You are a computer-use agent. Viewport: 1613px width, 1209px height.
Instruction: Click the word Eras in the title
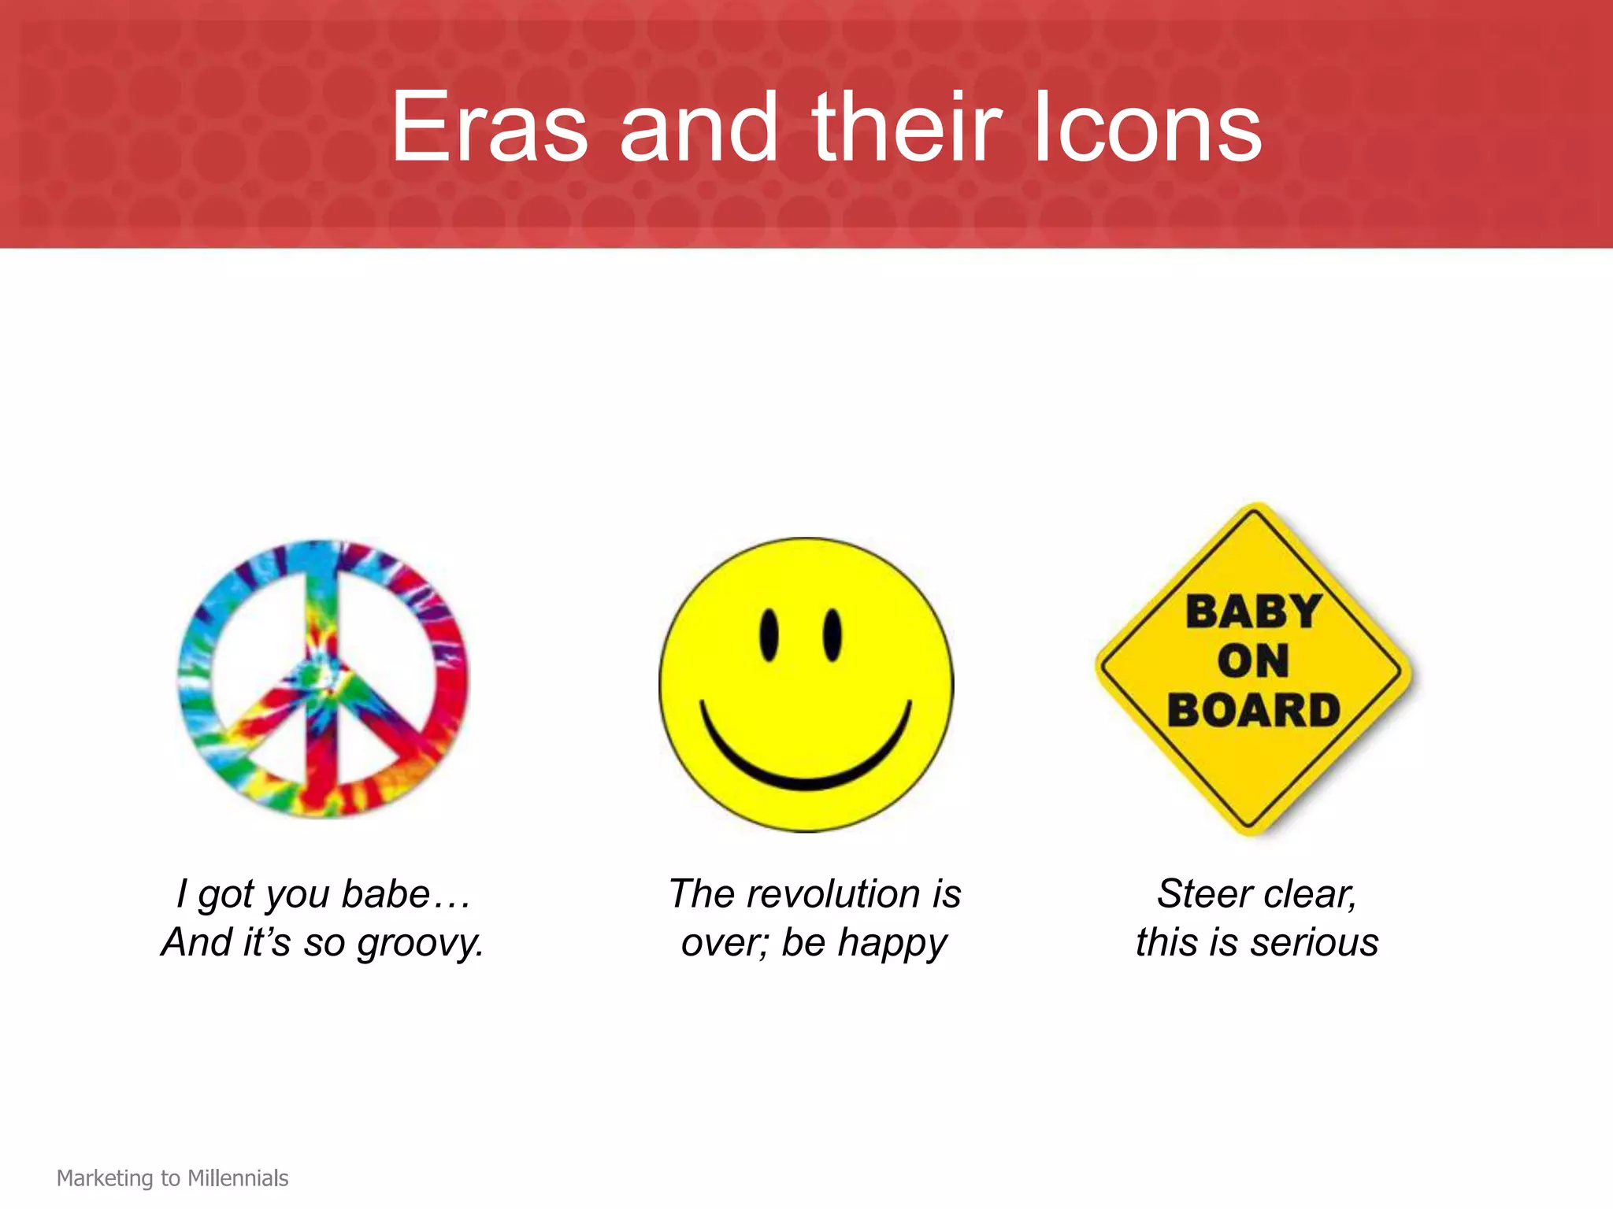tap(489, 128)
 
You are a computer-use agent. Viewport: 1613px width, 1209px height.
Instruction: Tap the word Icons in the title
tap(1147, 128)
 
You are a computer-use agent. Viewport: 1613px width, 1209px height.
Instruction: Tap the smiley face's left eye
tap(769, 635)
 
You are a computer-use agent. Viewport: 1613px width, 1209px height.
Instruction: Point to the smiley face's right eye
tap(832, 634)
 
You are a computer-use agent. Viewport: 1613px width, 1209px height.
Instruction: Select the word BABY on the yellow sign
tap(1254, 612)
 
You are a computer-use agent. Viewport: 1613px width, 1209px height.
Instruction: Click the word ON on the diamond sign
tap(1253, 661)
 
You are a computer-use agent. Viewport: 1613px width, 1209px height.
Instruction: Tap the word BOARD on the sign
tap(1254, 710)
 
